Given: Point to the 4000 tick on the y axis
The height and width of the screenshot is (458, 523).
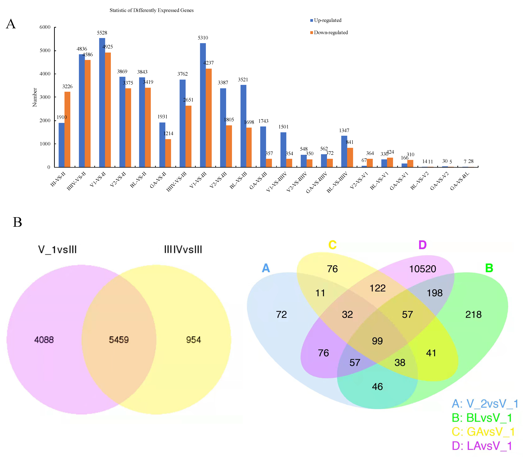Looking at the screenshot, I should pos(45,74).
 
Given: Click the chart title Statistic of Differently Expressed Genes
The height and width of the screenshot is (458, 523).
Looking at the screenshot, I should pos(152,10).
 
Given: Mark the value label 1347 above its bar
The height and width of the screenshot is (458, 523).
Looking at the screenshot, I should pos(344,131).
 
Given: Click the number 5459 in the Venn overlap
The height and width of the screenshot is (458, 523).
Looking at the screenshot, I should pos(119,340).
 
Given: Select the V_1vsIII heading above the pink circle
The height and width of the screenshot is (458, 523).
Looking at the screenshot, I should pos(57,250).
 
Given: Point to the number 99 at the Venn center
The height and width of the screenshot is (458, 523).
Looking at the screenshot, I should pos(377,341).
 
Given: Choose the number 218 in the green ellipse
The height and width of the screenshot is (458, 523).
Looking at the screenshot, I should pos(473,314).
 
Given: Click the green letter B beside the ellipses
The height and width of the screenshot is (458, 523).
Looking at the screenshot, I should pos(489,268).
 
